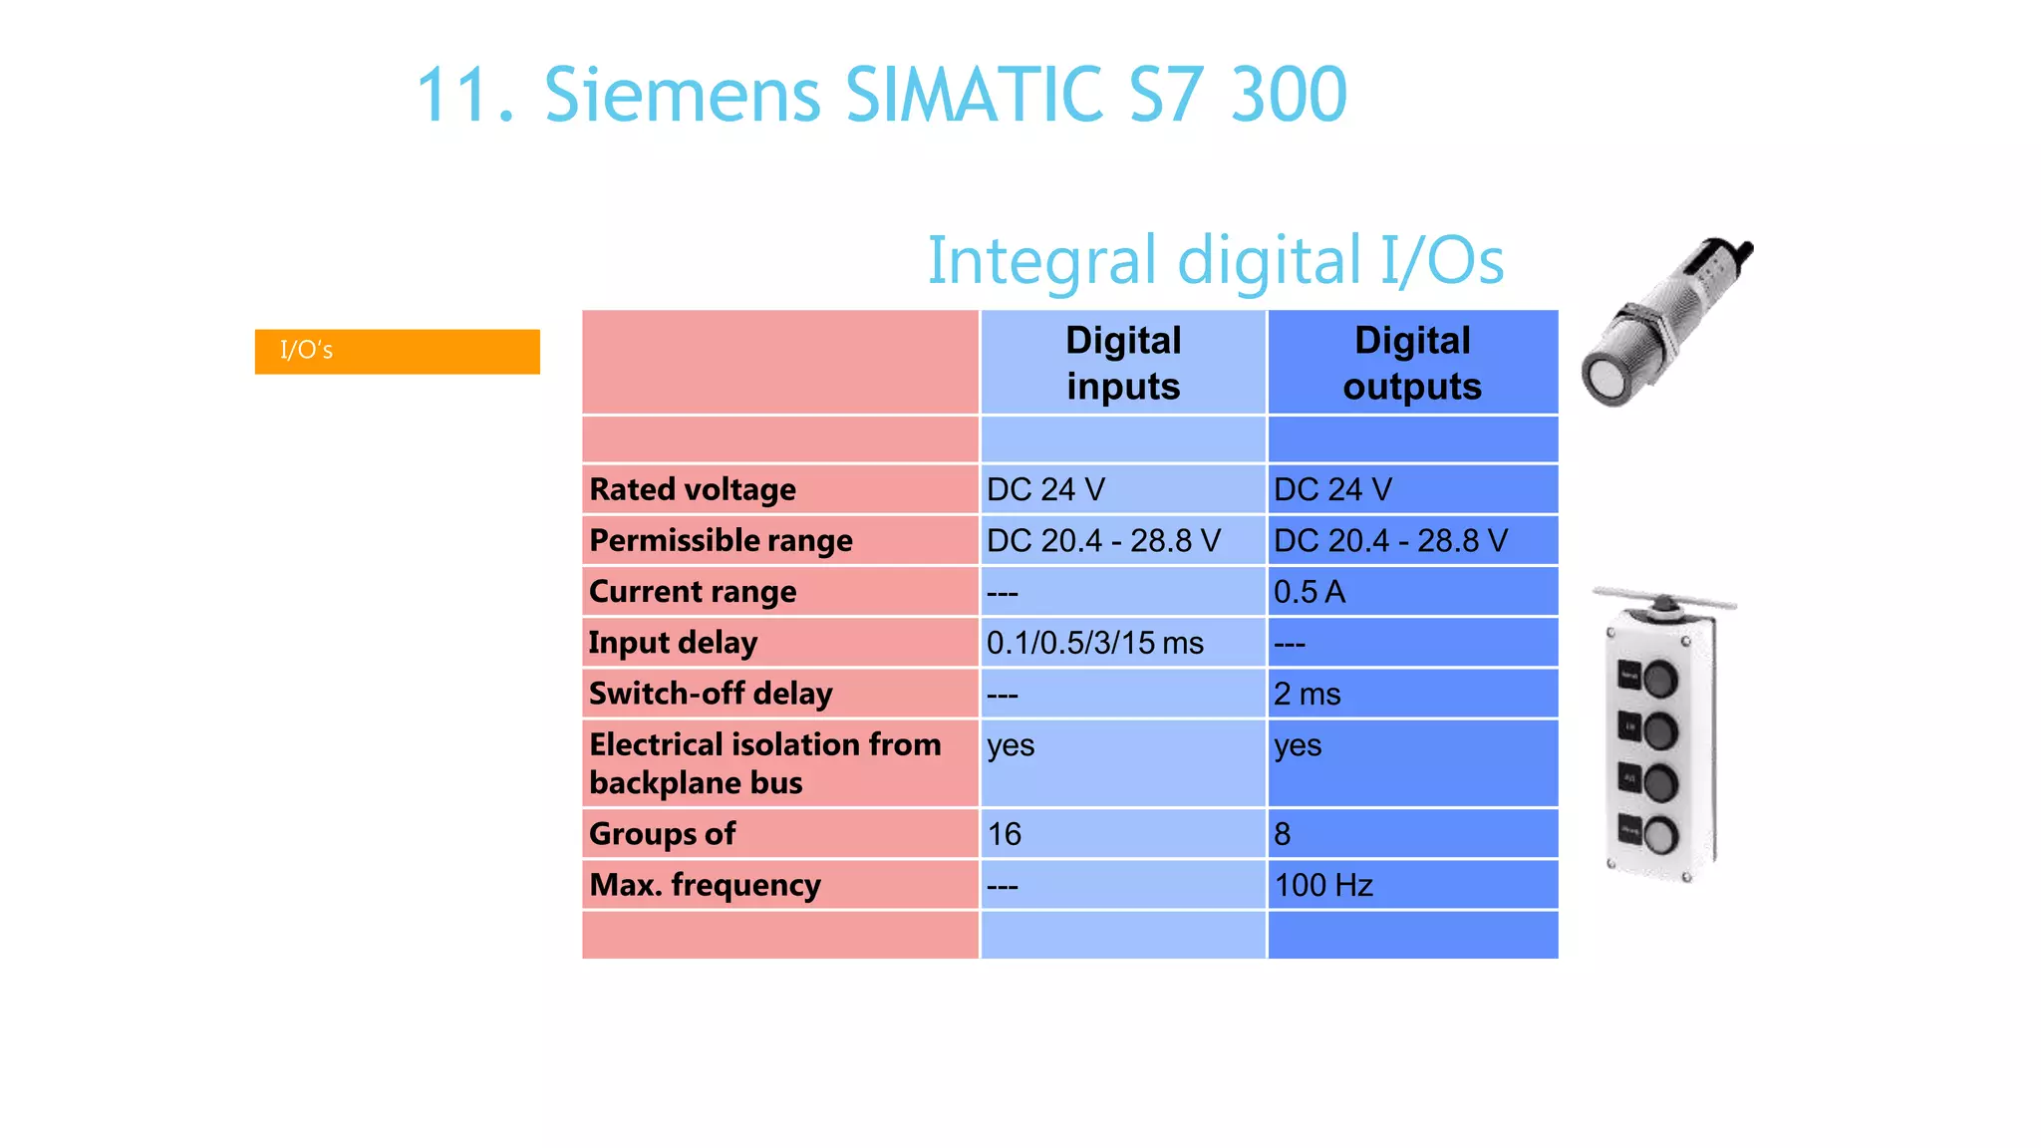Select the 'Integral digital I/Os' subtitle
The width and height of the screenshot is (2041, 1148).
click(1215, 260)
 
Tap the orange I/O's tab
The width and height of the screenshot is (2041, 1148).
click(397, 351)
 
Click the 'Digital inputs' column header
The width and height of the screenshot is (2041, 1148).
click(1123, 363)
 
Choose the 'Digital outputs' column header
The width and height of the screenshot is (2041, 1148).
click(1411, 363)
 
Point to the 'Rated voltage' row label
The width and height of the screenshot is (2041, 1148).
click(693, 489)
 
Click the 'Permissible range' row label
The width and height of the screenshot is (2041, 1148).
click(721, 540)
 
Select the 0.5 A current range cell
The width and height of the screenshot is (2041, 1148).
click(1310, 592)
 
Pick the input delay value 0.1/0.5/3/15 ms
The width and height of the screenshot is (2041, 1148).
click(1094, 643)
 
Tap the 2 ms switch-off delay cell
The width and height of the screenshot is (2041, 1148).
click(1307, 694)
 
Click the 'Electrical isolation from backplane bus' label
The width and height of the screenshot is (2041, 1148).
click(764, 763)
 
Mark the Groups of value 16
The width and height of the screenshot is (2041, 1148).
click(1005, 834)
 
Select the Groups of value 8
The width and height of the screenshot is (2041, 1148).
click(1283, 834)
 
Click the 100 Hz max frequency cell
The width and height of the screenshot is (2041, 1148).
click(1323, 885)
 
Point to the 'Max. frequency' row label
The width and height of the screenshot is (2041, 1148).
click(705, 885)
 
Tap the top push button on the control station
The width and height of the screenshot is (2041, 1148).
click(1659, 680)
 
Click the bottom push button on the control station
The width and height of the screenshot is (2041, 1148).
click(1660, 835)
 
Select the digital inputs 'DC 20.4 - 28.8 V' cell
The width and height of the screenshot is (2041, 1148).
click(1103, 540)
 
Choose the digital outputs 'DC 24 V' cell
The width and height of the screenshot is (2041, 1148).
click(1332, 489)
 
